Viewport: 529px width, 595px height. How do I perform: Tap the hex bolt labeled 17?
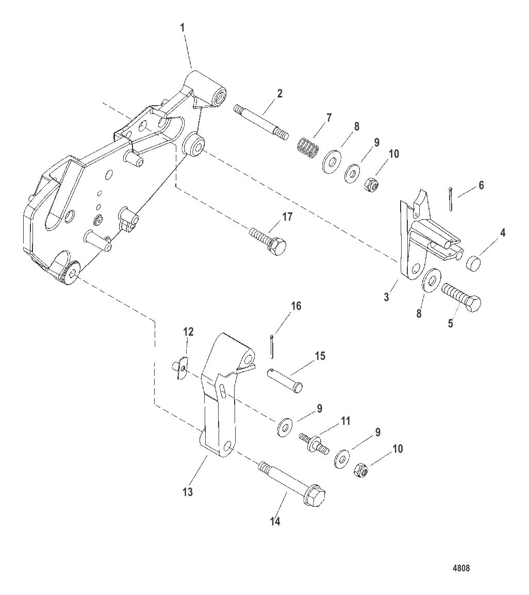pyautogui.click(x=268, y=242)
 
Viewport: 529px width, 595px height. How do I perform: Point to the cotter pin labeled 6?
pyautogui.click(x=451, y=199)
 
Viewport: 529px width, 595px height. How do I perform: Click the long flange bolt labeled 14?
pyautogui.click(x=292, y=484)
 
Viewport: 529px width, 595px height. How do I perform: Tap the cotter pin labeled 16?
pyautogui.click(x=272, y=346)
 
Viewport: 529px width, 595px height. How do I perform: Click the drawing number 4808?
pyautogui.click(x=461, y=568)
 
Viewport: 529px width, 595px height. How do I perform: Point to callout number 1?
pyautogui.click(x=183, y=28)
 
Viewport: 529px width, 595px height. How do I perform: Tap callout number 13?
pyautogui.click(x=188, y=492)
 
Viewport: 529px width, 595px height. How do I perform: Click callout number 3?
pyautogui.click(x=386, y=296)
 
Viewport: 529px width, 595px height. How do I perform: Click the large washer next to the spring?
pyautogui.click(x=332, y=162)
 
